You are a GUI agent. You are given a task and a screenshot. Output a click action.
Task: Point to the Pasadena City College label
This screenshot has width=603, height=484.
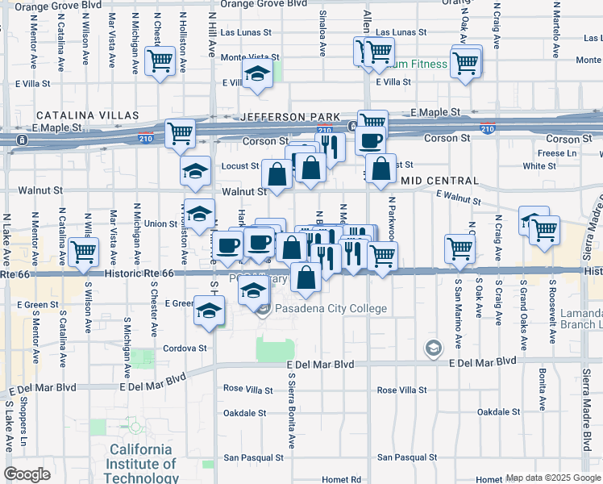point(331,309)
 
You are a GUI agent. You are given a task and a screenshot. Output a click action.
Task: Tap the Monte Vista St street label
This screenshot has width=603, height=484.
point(250,57)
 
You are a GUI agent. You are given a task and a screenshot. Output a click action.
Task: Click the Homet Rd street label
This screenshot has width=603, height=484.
point(345,479)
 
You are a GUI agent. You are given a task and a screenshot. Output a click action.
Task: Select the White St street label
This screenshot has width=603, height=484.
point(534,166)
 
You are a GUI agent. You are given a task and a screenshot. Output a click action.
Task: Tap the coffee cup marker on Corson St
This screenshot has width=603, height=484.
point(370,140)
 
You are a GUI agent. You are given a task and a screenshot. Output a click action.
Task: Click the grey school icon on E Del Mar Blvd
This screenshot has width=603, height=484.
point(434,348)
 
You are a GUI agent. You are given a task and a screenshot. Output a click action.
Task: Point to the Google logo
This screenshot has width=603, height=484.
point(27,474)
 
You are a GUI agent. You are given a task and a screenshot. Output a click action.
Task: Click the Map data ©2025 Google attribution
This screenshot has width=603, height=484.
point(553,478)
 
